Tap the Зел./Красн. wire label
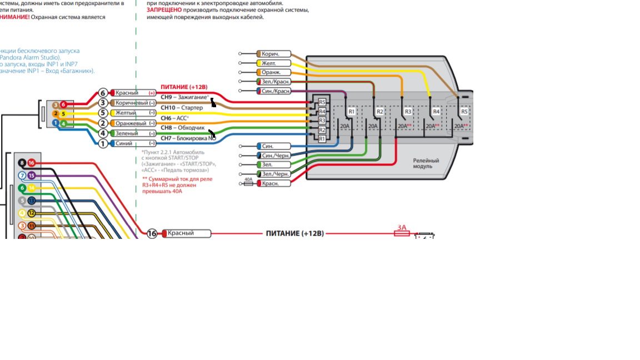274,82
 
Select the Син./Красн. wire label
274,91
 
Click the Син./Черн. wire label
274,156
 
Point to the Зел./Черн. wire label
274,174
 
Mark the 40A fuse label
248,179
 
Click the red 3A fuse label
402,228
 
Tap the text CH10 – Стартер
182,108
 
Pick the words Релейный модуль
426,163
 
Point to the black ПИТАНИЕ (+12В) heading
294,233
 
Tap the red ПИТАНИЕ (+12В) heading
184,87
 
